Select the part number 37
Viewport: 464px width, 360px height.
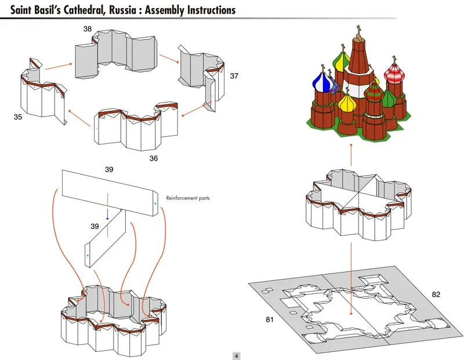pyautogui.click(x=234, y=76)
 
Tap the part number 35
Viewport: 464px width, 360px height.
pyautogui.click(x=18, y=117)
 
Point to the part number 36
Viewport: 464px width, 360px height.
pyautogui.click(x=153, y=158)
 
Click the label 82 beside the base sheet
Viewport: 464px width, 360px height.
pyautogui.click(x=436, y=294)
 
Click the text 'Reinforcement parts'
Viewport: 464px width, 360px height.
pyautogui.click(x=187, y=198)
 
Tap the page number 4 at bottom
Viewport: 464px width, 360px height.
pyautogui.click(x=237, y=355)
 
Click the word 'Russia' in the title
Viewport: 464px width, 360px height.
pyautogui.click(x=120, y=9)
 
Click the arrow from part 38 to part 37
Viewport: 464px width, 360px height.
pyautogui.click(x=169, y=59)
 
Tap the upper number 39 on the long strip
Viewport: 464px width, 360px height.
pyautogui.click(x=109, y=169)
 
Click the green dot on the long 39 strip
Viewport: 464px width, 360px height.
pyautogui.click(x=155, y=203)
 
